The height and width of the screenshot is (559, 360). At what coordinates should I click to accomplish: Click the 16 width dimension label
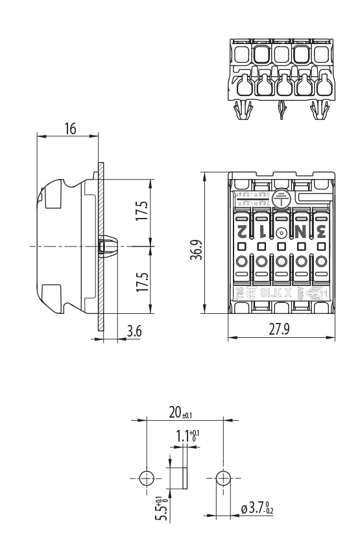pos(69,128)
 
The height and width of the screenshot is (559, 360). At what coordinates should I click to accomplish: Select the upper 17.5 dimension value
pos(142,212)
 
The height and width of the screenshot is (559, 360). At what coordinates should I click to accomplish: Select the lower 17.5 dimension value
pos(142,283)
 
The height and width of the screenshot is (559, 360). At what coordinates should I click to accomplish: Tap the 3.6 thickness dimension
pos(133,331)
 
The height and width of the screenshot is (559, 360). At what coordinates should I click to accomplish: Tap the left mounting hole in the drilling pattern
pos(147,479)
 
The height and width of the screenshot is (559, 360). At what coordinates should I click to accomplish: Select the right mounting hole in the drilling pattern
pos(223,479)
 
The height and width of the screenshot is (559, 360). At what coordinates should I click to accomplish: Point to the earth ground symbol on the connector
pos(281,198)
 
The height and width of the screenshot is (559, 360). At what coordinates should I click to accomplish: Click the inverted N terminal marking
pos(300,230)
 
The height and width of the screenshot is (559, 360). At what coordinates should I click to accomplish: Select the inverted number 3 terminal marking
pos(320,230)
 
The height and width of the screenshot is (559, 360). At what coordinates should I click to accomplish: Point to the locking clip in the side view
pos(108,247)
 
